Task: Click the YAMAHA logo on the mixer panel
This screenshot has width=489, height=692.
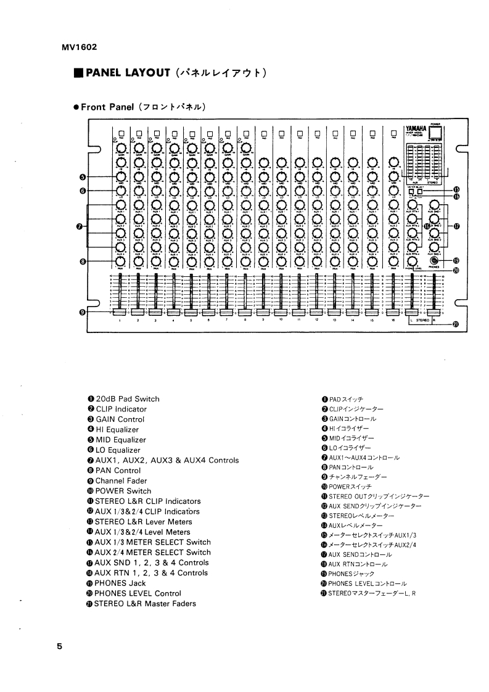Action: tap(417, 130)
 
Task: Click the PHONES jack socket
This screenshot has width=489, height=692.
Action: tap(435, 261)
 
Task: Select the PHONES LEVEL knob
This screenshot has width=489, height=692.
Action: tap(411, 261)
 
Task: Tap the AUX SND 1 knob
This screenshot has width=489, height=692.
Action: tap(435, 204)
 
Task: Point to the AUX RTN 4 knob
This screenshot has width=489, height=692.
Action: tap(411, 247)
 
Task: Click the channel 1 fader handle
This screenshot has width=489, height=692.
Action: tap(120, 314)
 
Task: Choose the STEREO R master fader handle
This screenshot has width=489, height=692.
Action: tap(437, 314)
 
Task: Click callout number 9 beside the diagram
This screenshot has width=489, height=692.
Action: tap(82, 313)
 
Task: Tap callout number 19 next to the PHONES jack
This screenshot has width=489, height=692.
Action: tap(456, 260)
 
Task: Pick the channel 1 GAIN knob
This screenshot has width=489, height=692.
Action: tap(121, 147)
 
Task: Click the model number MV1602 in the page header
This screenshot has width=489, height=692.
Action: tap(80, 47)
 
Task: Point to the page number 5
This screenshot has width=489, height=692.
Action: tap(59, 646)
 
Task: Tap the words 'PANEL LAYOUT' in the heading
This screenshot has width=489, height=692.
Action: tap(128, 73)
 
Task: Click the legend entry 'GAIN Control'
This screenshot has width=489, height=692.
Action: tap(120, 419)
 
